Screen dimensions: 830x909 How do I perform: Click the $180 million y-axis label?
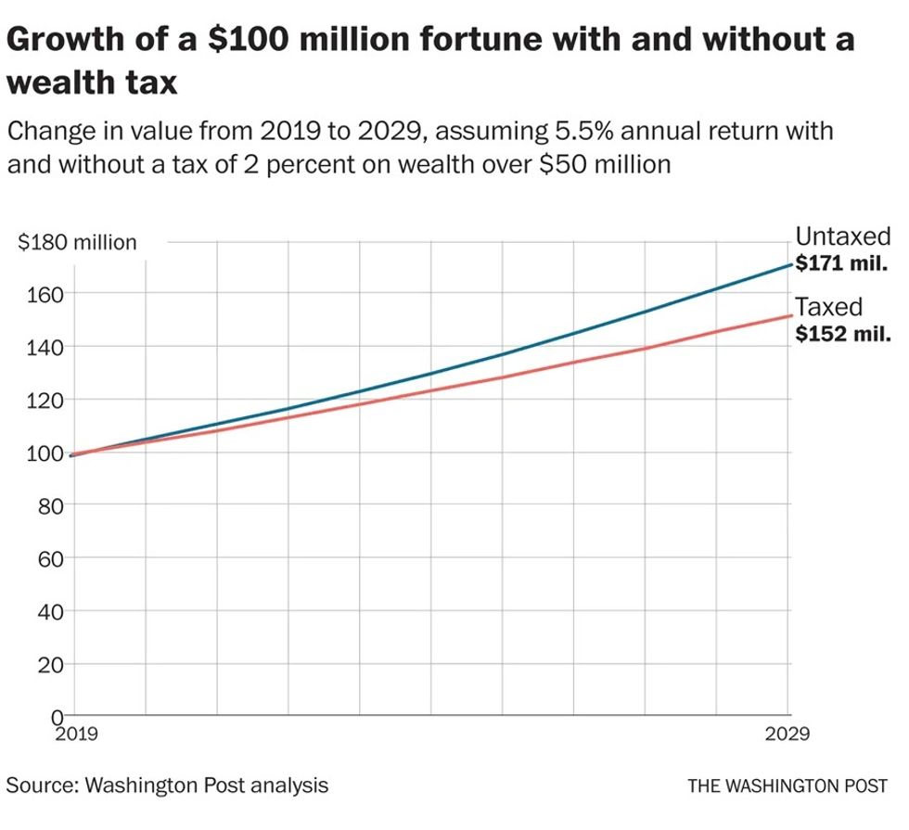tap(78, 243)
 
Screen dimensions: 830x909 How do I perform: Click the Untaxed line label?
tap(842, 236)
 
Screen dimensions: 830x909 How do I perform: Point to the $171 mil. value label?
tap(842, 263)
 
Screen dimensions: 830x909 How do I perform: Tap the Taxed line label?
tap(828, 307)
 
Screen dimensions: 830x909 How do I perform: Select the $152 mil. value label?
tap(842, 334)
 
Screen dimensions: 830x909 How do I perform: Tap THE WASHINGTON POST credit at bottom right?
tap(787, 785)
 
